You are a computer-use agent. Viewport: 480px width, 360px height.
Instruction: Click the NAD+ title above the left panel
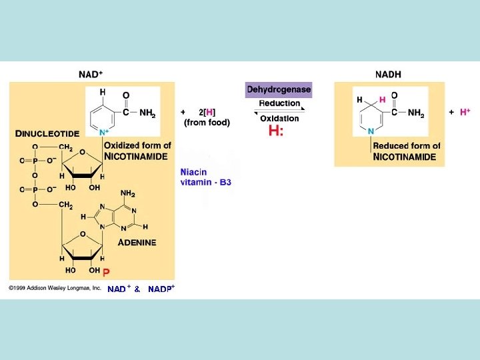[x=90, y=74]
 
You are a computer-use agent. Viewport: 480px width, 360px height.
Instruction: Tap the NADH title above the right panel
[x=389, y=74]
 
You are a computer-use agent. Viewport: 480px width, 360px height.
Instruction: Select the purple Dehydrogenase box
[x=279, y=89]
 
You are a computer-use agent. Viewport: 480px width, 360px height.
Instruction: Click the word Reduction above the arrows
[x=279, y=103]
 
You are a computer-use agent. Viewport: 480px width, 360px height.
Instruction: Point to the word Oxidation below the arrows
[x=279, y=119]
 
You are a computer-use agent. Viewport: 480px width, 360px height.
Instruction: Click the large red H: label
[x=276, y=131]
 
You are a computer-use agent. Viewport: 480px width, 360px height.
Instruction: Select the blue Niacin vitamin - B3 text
[x=205, y=177]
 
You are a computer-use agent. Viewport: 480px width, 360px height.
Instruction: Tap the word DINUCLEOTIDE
[x=47, y=133]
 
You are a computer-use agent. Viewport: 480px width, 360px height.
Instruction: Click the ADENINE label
[x=137, y=242]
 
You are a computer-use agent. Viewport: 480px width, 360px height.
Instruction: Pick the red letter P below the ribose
[x=105, y=272]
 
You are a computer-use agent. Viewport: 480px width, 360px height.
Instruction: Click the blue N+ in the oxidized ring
[x=104, y=133]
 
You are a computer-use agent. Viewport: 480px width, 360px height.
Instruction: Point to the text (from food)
[x=207, y=122]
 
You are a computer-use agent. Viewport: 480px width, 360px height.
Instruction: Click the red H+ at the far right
[x=465, y=112]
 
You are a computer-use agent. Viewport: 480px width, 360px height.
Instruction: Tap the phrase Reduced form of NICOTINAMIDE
[x=406, y=151]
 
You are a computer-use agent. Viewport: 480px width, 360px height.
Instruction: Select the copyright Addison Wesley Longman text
[x=55, y=288]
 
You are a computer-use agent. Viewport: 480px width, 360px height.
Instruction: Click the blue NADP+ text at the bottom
[x=161, y=289]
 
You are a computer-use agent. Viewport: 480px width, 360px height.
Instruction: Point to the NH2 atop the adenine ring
[x=127, y=194]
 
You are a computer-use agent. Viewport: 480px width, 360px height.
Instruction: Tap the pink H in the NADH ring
[x=382, y=99]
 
